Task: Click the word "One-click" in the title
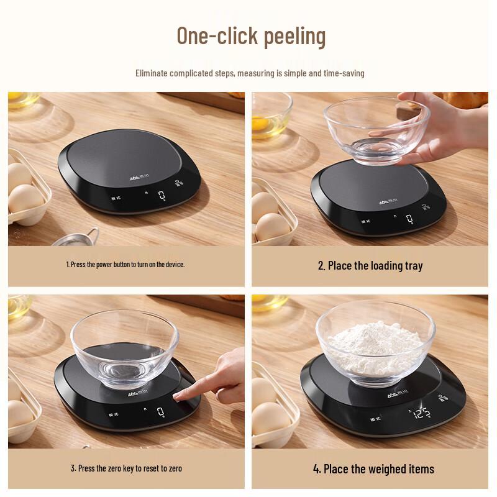pos(208,36)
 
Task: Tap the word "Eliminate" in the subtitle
pos(153,73)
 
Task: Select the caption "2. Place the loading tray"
pos(370,266)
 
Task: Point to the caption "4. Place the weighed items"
pos(373,468)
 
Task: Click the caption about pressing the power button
pos(125,265)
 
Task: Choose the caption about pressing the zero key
pos(126,468)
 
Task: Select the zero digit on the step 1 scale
pos(162,196)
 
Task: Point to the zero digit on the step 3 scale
pos(161,411)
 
